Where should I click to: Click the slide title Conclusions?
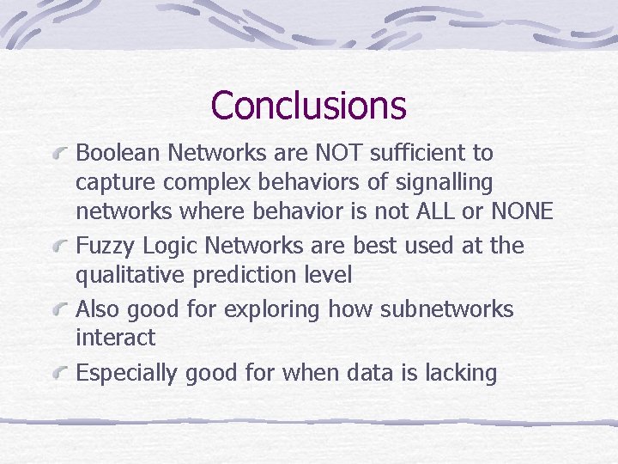point(308,106)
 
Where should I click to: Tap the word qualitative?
point(130,277)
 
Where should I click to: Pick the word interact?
point(116,339)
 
